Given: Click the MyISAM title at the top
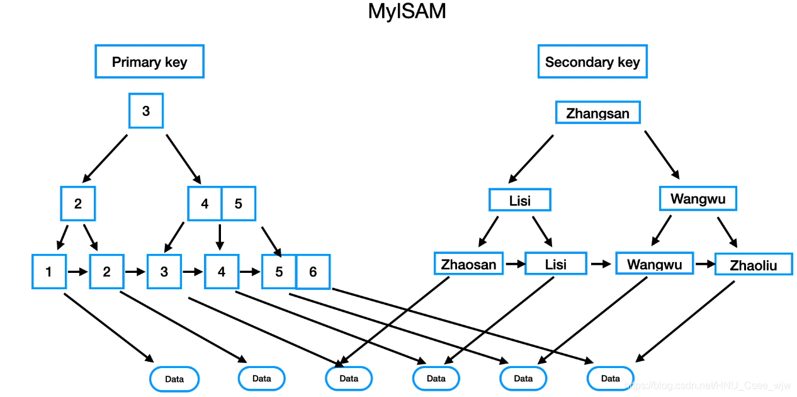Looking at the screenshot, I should [x=407, y=11].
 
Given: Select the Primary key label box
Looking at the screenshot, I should [x=149, y=62].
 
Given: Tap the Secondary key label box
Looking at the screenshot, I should [x=592, y=62].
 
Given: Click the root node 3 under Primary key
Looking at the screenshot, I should [x=146, y=111].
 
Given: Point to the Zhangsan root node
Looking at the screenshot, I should [x=597, y=113].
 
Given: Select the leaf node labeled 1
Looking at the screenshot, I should [x=49, y=272].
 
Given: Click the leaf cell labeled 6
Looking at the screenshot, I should [x=313, y=272].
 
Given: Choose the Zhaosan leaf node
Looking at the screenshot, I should [x=468, y=264].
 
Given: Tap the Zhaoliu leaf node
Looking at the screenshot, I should [x=753, y=265].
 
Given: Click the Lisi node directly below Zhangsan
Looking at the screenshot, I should [x=520, y=200].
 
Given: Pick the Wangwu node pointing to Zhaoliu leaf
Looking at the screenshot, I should [x=698, y=199].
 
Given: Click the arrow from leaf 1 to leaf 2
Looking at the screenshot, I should [x=77, y=272].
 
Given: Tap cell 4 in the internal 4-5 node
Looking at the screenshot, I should [x=205, y=204].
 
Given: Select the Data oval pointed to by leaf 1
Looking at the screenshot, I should [x=174, y=379].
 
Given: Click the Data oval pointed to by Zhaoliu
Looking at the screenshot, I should [x=610, y=379].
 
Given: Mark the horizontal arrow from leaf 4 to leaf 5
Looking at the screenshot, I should [x=250, y=272].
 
